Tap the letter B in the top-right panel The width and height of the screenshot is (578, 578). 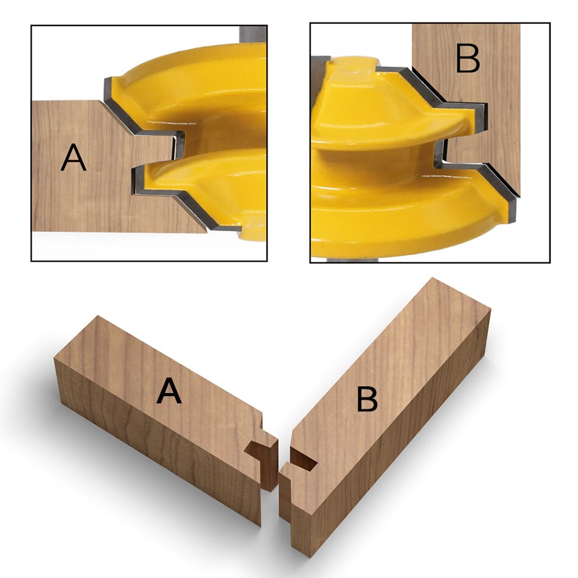point(467,60)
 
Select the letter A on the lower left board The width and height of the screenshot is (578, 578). point(169,391)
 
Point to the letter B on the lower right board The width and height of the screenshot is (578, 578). point(367,400)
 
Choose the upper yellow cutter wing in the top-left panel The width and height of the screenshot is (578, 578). point(201,91)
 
